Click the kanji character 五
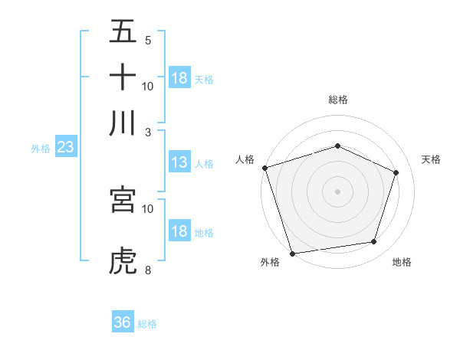[123, 32]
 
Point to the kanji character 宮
[123, 200]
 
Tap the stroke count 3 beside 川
[148, 131]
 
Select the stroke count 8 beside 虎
[148, 270]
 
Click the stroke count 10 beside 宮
[148, 208]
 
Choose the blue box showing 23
[64, 148]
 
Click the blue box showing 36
[122, 322]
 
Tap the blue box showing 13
[179, 162]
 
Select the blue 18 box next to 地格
[179, 231]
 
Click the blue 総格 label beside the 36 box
[147, 324]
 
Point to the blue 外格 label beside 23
[40, 149]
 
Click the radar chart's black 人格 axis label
[245, 159]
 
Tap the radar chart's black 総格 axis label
[337, 100]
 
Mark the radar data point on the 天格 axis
[396, 172]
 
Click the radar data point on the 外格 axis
[292, 253]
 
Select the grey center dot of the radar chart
[337, 191]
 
